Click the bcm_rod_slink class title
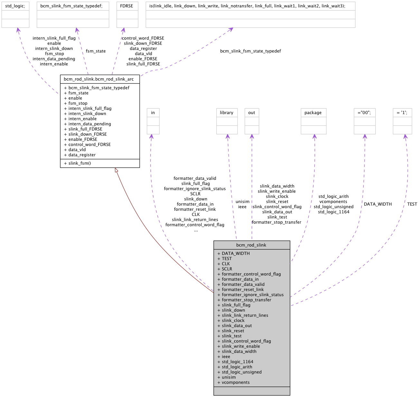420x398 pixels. (251, 245)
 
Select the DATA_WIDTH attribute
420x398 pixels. (235, 253)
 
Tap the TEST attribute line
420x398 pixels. (227, 258)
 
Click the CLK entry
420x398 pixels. (226, 264)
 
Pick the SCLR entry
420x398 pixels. (227, 269)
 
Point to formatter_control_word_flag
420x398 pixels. (251, 274)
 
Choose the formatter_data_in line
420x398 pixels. (240, 279)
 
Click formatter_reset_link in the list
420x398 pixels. (243, 289)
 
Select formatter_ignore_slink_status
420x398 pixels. (253, 295)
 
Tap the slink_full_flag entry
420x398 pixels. (236, 305)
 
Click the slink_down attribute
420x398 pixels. (233, 310)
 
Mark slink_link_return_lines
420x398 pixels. (245, 315)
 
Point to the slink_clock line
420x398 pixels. (233, 320)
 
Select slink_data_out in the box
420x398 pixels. (237, 325)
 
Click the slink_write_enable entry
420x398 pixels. (241, 346)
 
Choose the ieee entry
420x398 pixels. (226, 356)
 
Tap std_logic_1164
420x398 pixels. (238, 362)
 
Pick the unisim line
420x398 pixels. (229, 377)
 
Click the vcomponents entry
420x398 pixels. (236, 382)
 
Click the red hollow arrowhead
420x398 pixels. (117, 170)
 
